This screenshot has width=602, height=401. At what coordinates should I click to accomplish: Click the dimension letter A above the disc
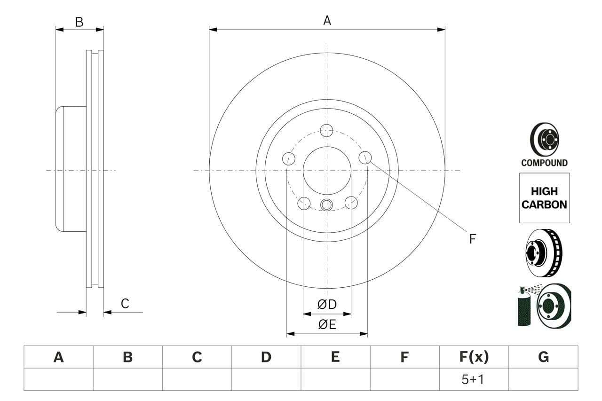[x=327, y=20]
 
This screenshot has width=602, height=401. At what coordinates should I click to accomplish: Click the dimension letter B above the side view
[x=79, y=22]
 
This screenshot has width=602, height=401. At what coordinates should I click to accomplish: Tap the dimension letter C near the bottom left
[x=125, y=304]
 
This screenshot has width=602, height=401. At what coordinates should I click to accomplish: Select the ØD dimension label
[x=327, y=305]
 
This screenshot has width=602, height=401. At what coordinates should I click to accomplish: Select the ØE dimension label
[x=327, y=324]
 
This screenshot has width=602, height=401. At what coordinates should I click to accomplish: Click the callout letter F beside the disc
[x=472, y=239]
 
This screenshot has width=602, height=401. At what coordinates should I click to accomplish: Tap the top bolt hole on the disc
[x=326, y=130]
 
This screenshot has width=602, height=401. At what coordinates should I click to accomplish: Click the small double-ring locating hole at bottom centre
[x=326, y=204]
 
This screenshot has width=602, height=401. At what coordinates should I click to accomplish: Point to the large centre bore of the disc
[x=327, y=170]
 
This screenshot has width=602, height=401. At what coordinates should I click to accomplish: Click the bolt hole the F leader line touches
[x=365, y=157]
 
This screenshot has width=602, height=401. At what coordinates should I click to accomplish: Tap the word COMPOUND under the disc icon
[x=544, y=163]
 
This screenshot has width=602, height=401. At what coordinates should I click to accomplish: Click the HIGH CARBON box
[x=544, y=198]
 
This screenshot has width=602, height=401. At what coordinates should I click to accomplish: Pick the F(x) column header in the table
[x=474, y=357]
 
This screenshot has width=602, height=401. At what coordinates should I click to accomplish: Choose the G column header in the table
[x=543, y=357]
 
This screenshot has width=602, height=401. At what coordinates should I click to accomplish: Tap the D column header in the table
[x=266, y=357]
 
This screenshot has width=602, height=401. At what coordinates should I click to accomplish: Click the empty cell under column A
[x=58, y=379]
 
